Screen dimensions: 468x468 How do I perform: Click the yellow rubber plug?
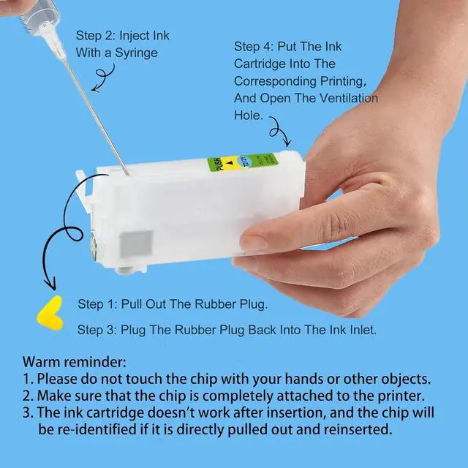50,314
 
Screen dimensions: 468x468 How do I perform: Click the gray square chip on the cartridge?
136,244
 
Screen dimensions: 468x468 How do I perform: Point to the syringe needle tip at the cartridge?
128,174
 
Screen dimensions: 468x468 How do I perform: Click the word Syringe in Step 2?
136,53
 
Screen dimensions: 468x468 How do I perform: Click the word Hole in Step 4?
247,116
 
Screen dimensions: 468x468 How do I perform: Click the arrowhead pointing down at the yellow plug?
50,283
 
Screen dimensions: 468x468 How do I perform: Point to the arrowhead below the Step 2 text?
95,88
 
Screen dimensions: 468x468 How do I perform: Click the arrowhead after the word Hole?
287,142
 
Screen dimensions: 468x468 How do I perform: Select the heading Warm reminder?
75,362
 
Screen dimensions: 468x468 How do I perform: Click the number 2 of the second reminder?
26,396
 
